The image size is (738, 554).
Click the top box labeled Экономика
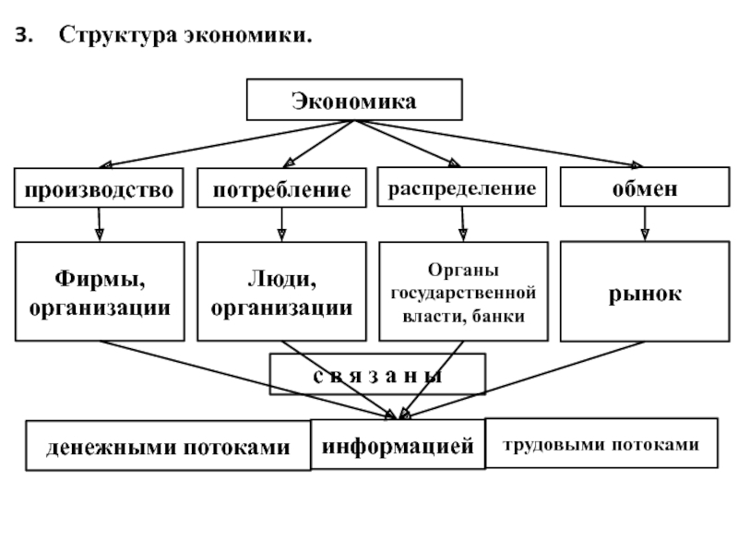(x=354, y=100)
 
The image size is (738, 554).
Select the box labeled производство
(x=99, y=187)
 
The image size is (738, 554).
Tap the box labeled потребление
(x=281, y=187)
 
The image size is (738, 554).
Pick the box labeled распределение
(x=462, y=187)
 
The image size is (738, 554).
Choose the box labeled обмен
(x=645, y=187)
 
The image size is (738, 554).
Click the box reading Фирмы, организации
(x=100, y=292)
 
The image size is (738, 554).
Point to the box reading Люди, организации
(x=281, y=292)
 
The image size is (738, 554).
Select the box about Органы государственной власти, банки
(x=464, y=292)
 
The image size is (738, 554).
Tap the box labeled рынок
(x=645, y=291)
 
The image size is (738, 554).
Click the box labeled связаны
(x=377, y=374)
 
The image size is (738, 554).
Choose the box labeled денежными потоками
(x=168, y=446)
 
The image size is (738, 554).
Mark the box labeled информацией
(x=398, y=444)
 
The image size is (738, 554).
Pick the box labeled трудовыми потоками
(x=601, y=443)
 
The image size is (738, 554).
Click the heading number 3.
(x=24, y=35)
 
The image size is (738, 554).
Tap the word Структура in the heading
(x=118, y=35)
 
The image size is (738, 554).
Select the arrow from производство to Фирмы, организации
(x=99, y=224)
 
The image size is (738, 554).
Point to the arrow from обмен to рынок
(x=645, y=223)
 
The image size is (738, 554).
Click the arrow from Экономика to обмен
(x=499, y=143)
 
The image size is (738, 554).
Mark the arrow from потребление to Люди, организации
(x=281, y=224)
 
